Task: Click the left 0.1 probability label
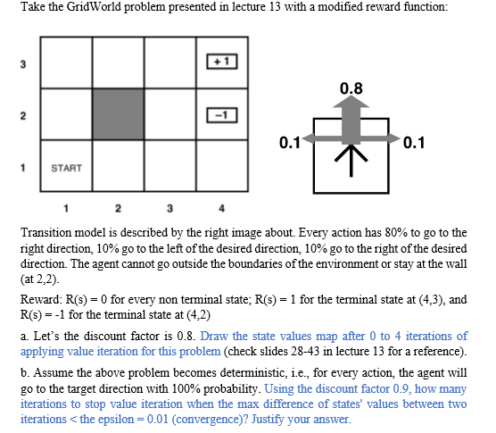coord(290,141)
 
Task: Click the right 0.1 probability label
coord(416,141)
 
